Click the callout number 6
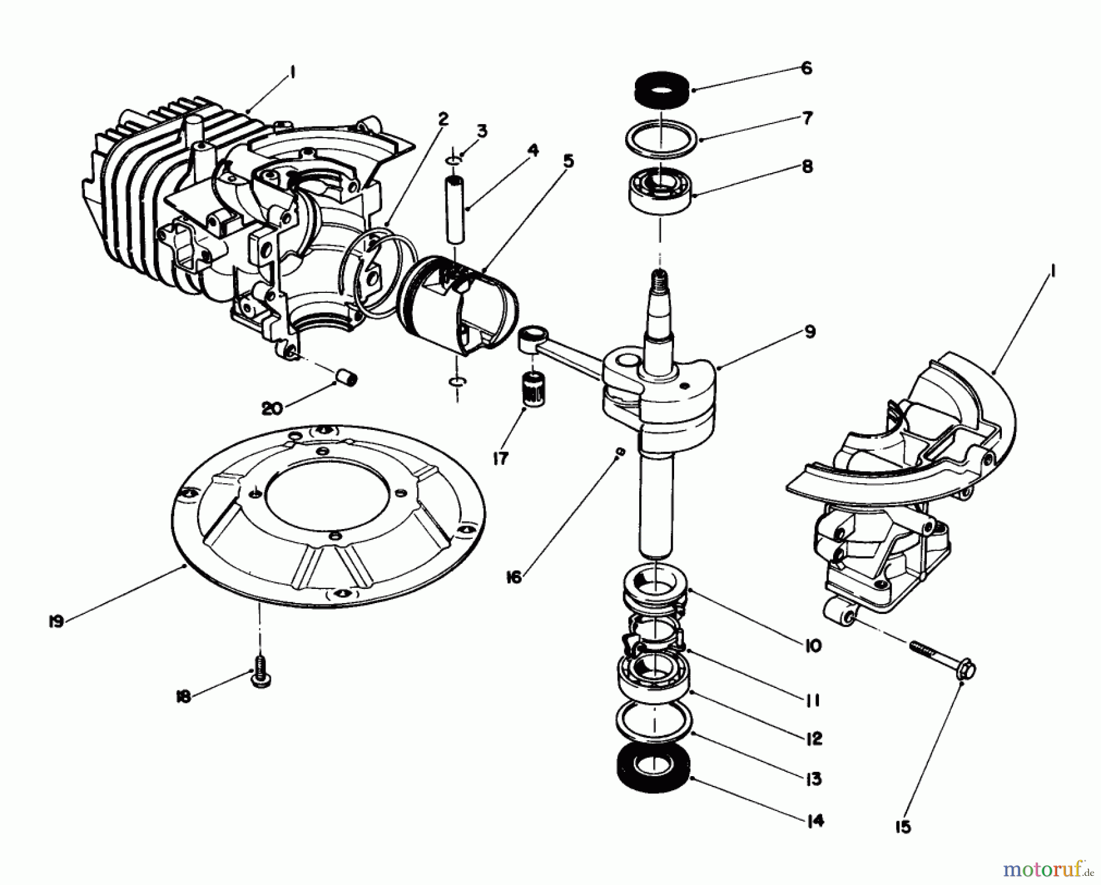pos(807,69)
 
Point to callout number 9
pos(809,332)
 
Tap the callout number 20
pos(272,408)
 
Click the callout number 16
pos(514,577)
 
